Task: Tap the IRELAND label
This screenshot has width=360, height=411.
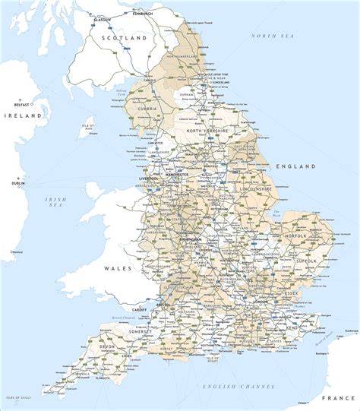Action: pyautogui.click(x=20, y=116)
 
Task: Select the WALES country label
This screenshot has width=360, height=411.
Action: pyautogui.click(x=118, y=268)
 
